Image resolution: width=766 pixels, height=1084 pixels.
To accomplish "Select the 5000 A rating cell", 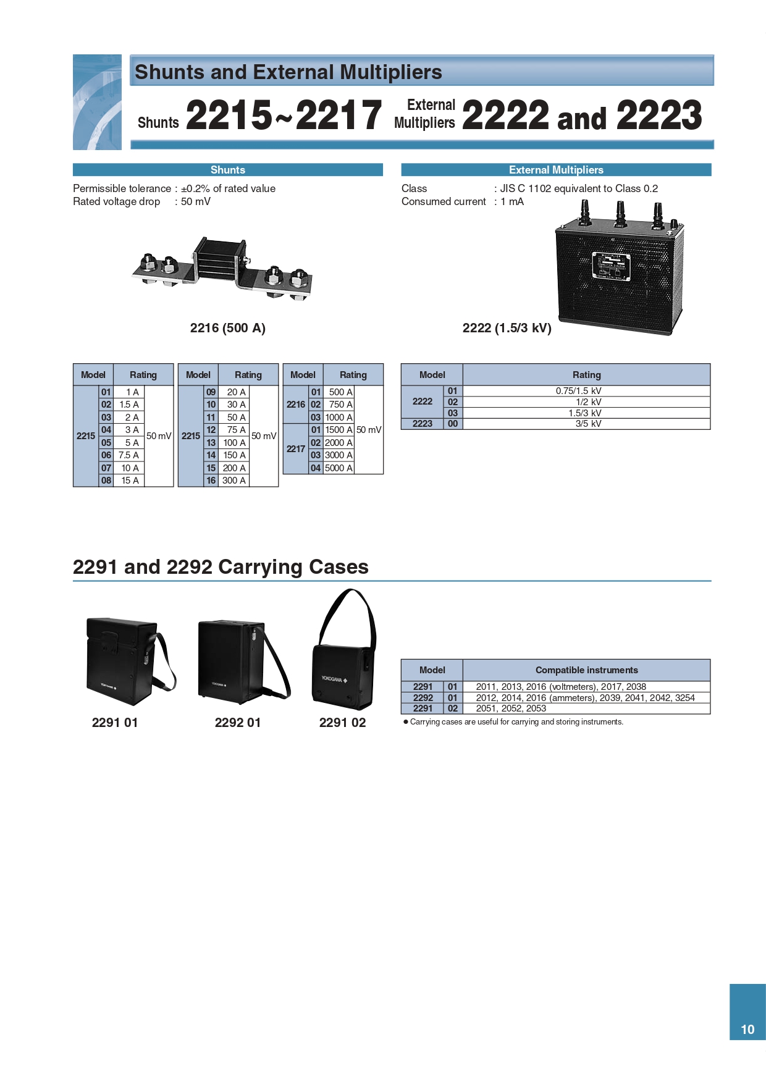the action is point(339,468).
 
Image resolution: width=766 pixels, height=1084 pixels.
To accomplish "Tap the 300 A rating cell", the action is point(234,481).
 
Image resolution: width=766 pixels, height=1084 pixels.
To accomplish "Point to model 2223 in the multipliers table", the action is point(423,424).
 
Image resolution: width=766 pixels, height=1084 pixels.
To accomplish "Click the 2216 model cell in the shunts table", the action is point(296,405).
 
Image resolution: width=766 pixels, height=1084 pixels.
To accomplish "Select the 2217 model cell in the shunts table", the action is point(296,449).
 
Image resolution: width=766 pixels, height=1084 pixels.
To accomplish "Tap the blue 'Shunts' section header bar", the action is point(227,170).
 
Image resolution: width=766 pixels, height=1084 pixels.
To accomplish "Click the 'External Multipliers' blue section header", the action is point(556,170).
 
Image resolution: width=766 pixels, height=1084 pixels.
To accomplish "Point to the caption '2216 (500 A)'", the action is point(227,328).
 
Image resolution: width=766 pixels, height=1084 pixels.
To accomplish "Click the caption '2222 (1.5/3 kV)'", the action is point(507,328).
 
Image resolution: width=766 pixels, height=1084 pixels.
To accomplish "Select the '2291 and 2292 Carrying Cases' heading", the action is point(221,567).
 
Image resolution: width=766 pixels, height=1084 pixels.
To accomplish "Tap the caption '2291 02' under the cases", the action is point(342,723).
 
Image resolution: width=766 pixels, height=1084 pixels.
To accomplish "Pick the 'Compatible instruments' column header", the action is point(586,670).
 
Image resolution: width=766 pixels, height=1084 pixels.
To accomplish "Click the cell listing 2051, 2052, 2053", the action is point(511,708).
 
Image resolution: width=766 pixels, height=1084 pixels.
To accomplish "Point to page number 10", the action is point(747,1030).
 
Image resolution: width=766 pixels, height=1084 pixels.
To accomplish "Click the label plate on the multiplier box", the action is point(611,266).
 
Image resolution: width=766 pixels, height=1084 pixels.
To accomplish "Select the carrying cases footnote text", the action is point(516,722).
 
